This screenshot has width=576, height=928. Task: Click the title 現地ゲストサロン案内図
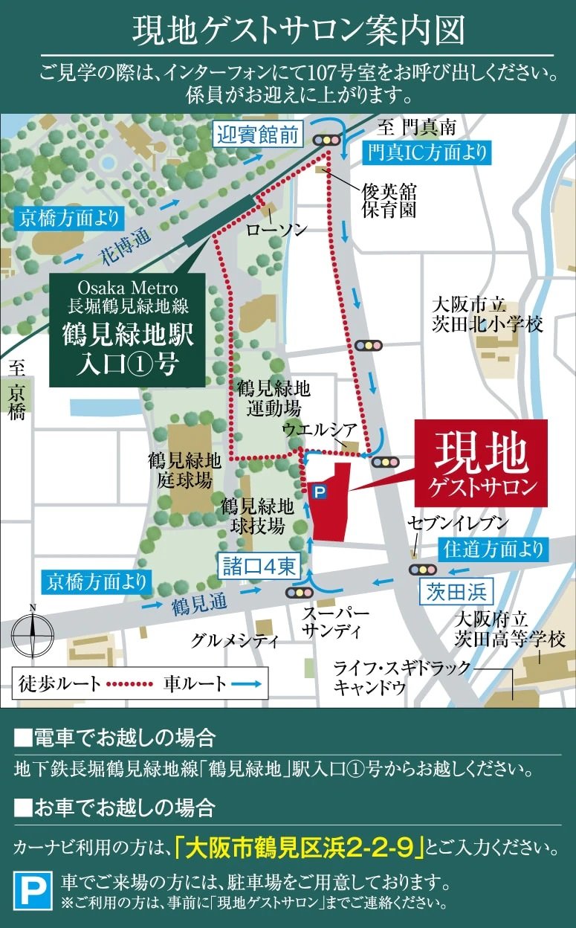pos(288,31)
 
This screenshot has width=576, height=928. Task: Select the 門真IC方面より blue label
pos(427,153)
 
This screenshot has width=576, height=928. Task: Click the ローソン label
pos(276,230)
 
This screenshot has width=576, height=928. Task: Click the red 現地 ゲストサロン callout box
pos(481,464)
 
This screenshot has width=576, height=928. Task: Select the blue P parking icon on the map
pos(319,491)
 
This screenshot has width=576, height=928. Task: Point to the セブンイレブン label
pos(457,523)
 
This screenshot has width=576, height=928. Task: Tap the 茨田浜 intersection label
pos(457,592)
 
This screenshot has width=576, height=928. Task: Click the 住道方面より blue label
pos(494,550)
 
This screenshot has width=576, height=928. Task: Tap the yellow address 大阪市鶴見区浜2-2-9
pos(300,847)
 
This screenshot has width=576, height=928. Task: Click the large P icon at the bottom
pos(34,891)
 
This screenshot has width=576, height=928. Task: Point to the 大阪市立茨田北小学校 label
pos(488,315)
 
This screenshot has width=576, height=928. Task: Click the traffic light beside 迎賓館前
pos(327,139)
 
